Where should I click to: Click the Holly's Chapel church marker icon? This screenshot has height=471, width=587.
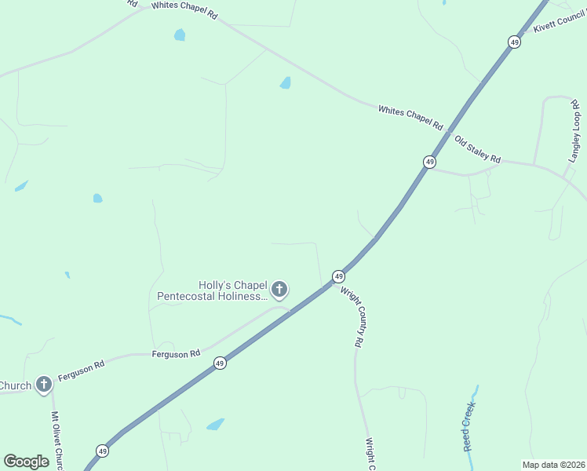coord(279,290)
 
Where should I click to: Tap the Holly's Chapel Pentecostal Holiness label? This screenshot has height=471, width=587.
coord(212,290)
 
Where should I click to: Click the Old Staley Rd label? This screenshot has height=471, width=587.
coord(477,148)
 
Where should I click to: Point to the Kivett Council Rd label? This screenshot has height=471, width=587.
coord(560,22)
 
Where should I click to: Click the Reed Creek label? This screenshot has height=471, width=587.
coord(469,428)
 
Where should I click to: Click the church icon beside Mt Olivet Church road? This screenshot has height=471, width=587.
coord(44,385)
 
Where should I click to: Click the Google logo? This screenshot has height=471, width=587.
coord(26,461)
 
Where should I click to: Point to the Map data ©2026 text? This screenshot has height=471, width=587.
coord(553,465)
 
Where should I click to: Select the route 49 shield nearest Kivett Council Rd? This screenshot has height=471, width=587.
coord(513,42)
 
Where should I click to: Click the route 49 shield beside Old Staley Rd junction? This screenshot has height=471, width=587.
coord(429,162)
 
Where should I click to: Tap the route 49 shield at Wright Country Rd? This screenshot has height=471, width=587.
coord(338,276)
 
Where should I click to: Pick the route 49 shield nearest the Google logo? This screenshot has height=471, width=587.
coord(102,451)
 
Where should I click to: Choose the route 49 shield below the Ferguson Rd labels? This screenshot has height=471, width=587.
coord(220,363)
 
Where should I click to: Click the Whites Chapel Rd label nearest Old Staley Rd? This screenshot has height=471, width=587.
coord(410,118)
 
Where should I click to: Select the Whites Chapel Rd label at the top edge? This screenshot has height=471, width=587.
coord(184,5)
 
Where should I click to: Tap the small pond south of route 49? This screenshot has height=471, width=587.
coord(215,424)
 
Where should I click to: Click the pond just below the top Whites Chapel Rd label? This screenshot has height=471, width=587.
coord(180,35)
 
